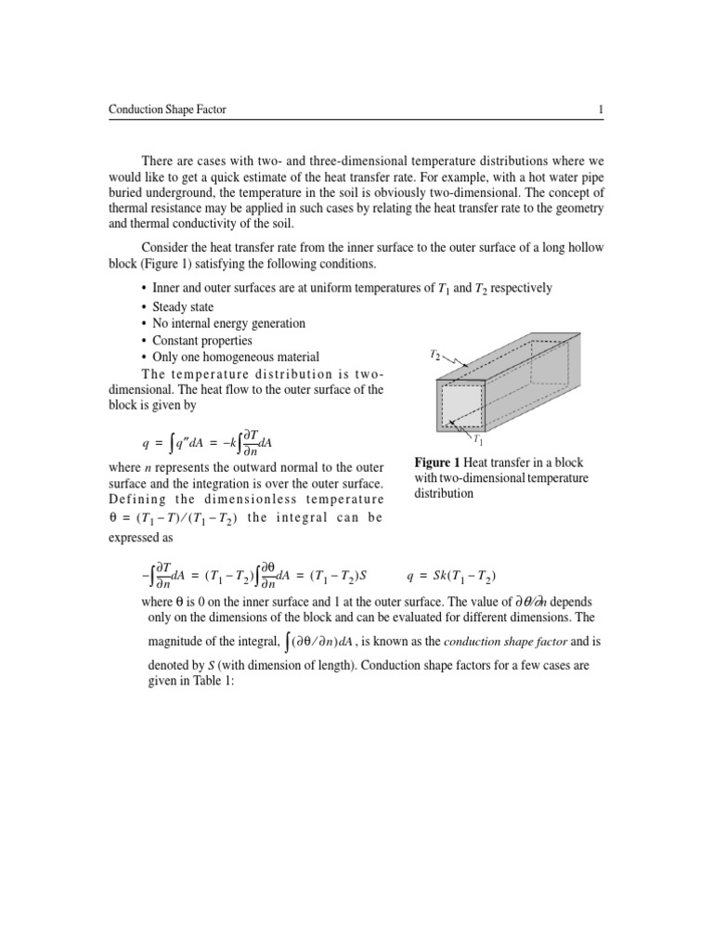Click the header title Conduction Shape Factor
coord(167,111)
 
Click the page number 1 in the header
coord(602,111)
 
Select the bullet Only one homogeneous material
coord(236,357)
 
